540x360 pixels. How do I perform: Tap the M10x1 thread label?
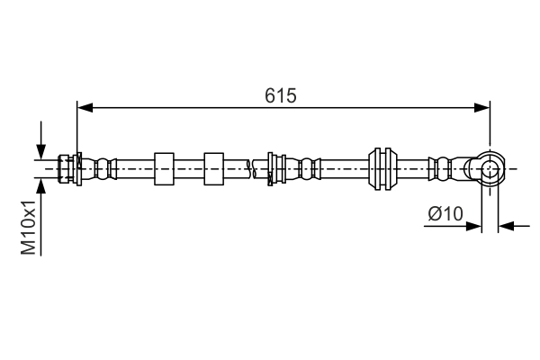point(30,228)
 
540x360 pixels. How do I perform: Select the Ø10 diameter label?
point(445,213)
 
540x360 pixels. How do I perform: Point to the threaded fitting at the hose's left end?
point(66,167)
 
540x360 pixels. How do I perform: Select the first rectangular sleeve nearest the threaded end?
point(164,167)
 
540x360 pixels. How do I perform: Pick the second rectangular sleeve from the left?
point(213,167)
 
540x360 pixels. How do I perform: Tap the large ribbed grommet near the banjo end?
point(382,167)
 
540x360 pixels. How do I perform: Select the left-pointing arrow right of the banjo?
point(506,226)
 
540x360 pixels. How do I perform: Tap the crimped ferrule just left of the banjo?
point(443,167)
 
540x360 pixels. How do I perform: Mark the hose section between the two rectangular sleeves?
point(189,167)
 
